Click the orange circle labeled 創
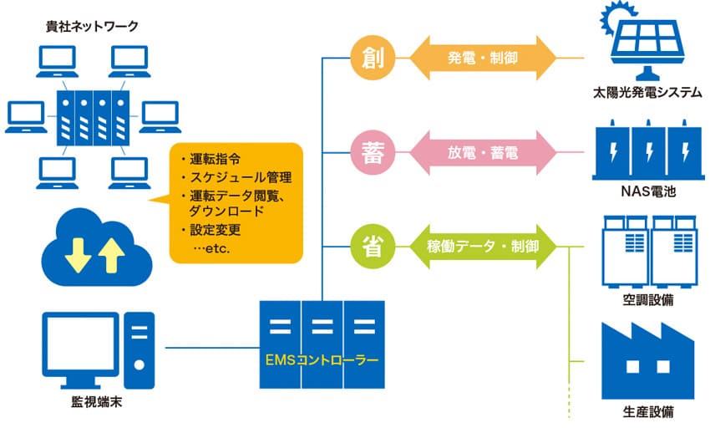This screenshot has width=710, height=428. [368, 58]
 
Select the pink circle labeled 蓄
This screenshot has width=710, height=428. [368, 153]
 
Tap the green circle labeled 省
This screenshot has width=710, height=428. [368, 246]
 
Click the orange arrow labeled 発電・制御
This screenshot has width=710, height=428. [482, 58]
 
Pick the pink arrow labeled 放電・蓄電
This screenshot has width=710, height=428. [482, 153]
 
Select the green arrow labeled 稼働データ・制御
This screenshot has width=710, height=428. [482, 246]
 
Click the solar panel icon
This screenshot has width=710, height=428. [642, 42]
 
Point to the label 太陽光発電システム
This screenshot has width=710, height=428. [642, 94]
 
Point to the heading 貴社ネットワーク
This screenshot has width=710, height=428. [91, 25]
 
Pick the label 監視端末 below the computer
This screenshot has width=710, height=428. [94, 409]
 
